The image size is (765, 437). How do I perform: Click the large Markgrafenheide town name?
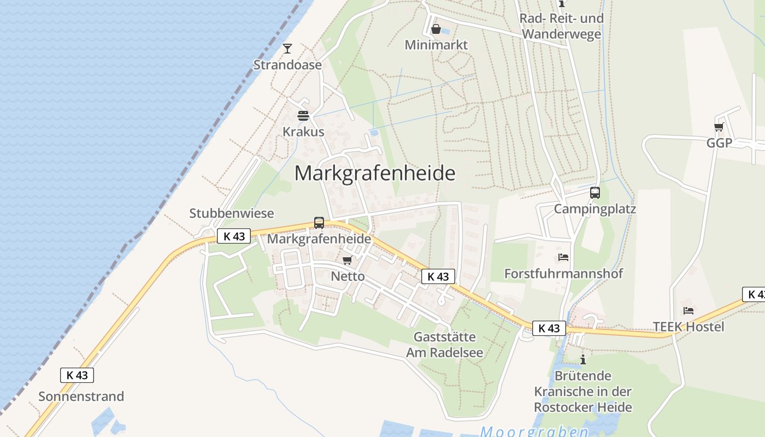[x=375, y=173]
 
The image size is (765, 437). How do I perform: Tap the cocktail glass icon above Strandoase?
[x=287, y=49]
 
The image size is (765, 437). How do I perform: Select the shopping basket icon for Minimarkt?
[x=436, y=29]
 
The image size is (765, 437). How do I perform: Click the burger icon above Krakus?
[x=303, y=116]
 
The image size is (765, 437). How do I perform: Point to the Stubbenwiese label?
[x=232, y=213]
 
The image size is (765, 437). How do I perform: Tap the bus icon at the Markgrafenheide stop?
[x=319, y=223]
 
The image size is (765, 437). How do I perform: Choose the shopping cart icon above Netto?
[x=347, y=261]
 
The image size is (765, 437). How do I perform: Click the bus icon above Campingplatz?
[x=595, y=193]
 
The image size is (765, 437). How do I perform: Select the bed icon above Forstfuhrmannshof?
[x=563, y=257]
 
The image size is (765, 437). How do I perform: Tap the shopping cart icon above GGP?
[x=719, y=127]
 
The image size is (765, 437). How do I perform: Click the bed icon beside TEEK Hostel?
[x=688, y=311]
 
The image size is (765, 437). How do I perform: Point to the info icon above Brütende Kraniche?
[x=583, y=359]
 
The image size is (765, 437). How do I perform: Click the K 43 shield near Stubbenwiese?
[x=234, y=236]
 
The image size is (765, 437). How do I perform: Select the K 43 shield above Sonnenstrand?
[x=77, y=375]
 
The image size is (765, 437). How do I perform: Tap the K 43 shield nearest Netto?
[x=438, y=276]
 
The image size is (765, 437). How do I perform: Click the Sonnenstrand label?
[x=81, y=396]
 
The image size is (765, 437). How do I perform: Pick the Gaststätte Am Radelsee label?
[x=444, y=345]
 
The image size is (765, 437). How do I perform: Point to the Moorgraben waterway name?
[x=534, y=432]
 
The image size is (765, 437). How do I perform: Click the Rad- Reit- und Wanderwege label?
[x=561, y=26]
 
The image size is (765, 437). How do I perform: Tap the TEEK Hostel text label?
[x=688, y=327]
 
